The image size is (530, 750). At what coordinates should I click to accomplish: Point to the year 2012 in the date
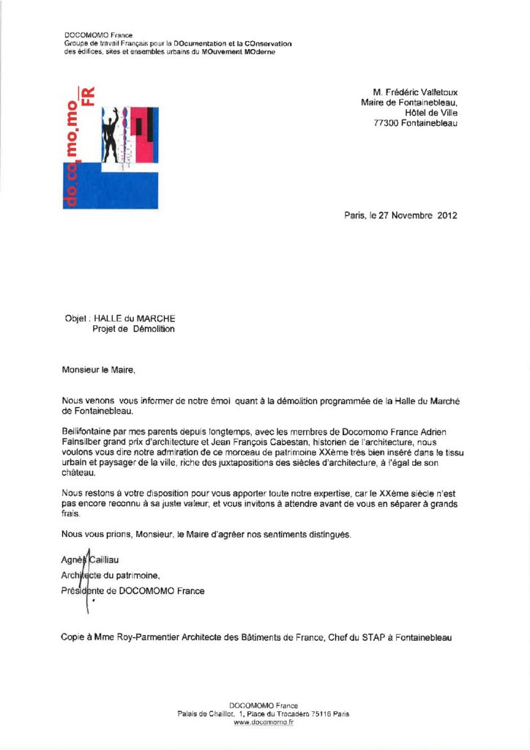[447, 215]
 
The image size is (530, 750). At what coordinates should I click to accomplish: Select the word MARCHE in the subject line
[155, 319]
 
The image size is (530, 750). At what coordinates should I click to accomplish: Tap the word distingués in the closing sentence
[327, 534]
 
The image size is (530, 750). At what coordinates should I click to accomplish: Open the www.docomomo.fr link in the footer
[264, 722]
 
